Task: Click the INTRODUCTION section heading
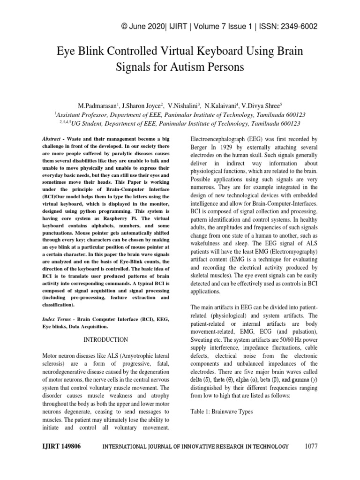click(105, 339)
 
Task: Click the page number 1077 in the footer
click(311, 446)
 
